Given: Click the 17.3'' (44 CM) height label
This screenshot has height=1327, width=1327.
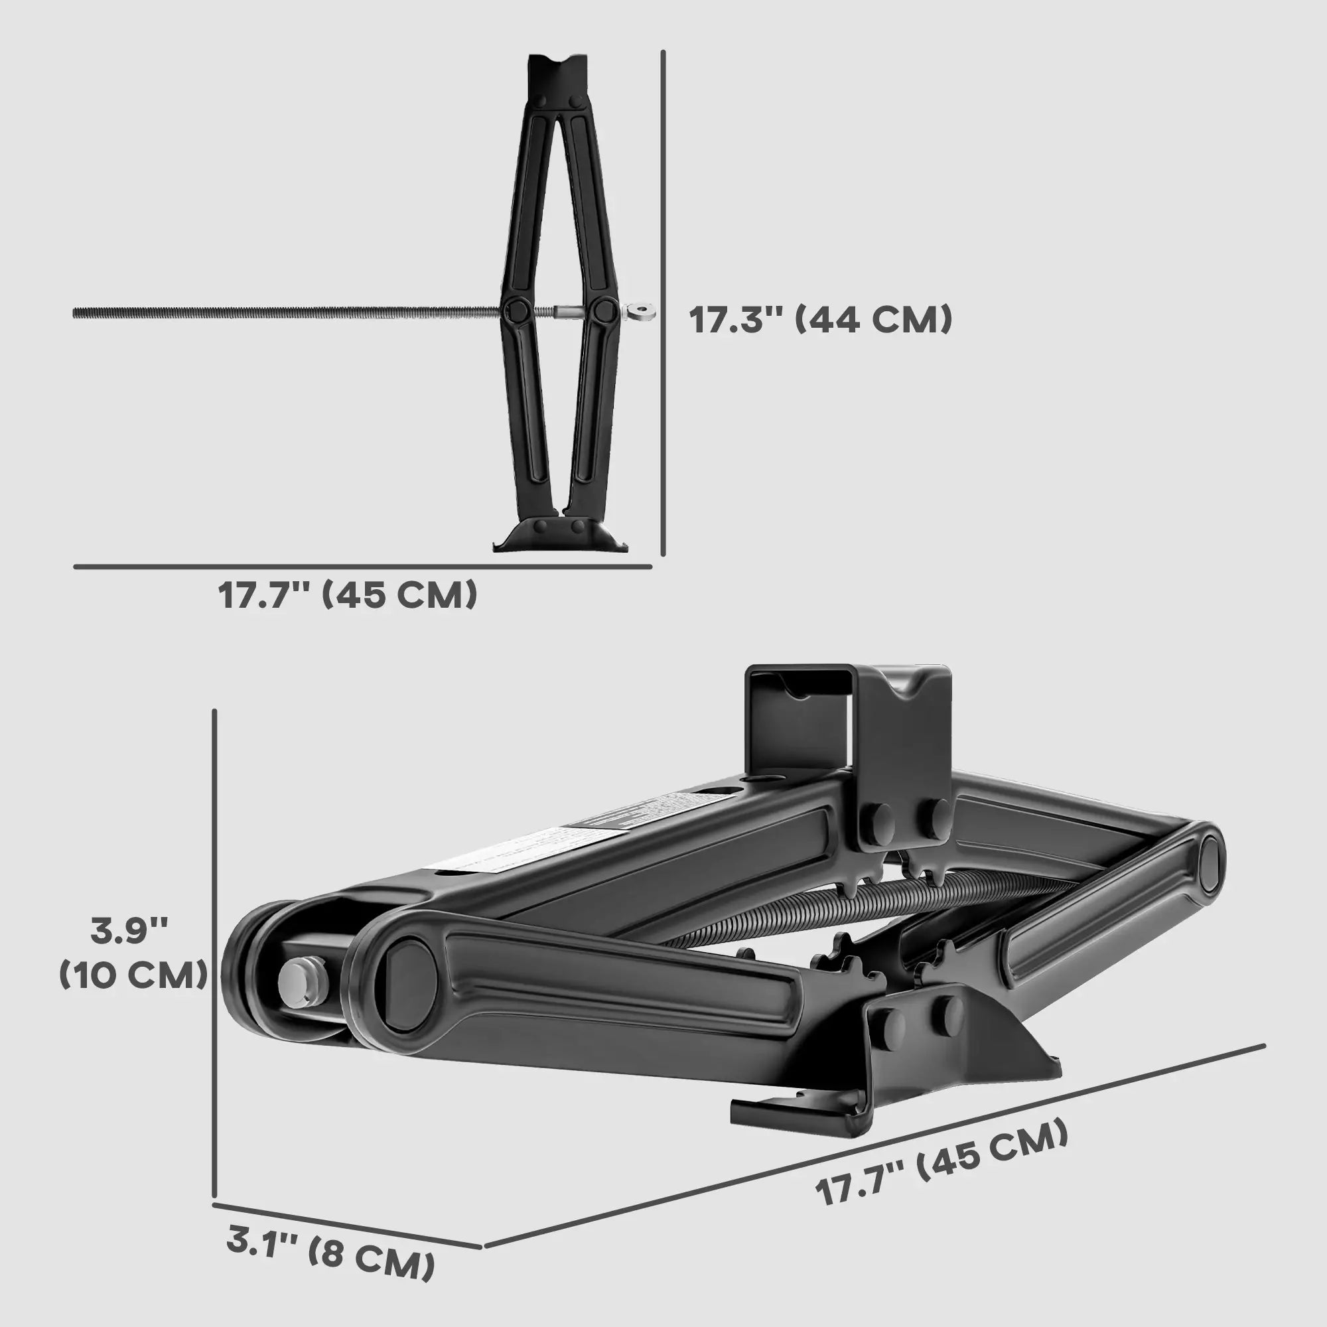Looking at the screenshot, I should coord(820,320).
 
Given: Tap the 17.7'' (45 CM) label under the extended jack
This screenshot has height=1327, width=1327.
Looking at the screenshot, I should coord(348,594).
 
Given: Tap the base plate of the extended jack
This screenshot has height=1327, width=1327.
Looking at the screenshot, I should coord(560,535).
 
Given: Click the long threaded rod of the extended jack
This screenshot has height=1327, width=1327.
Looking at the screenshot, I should coord(275,313).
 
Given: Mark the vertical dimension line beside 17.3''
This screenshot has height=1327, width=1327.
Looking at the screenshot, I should coord(663,302).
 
